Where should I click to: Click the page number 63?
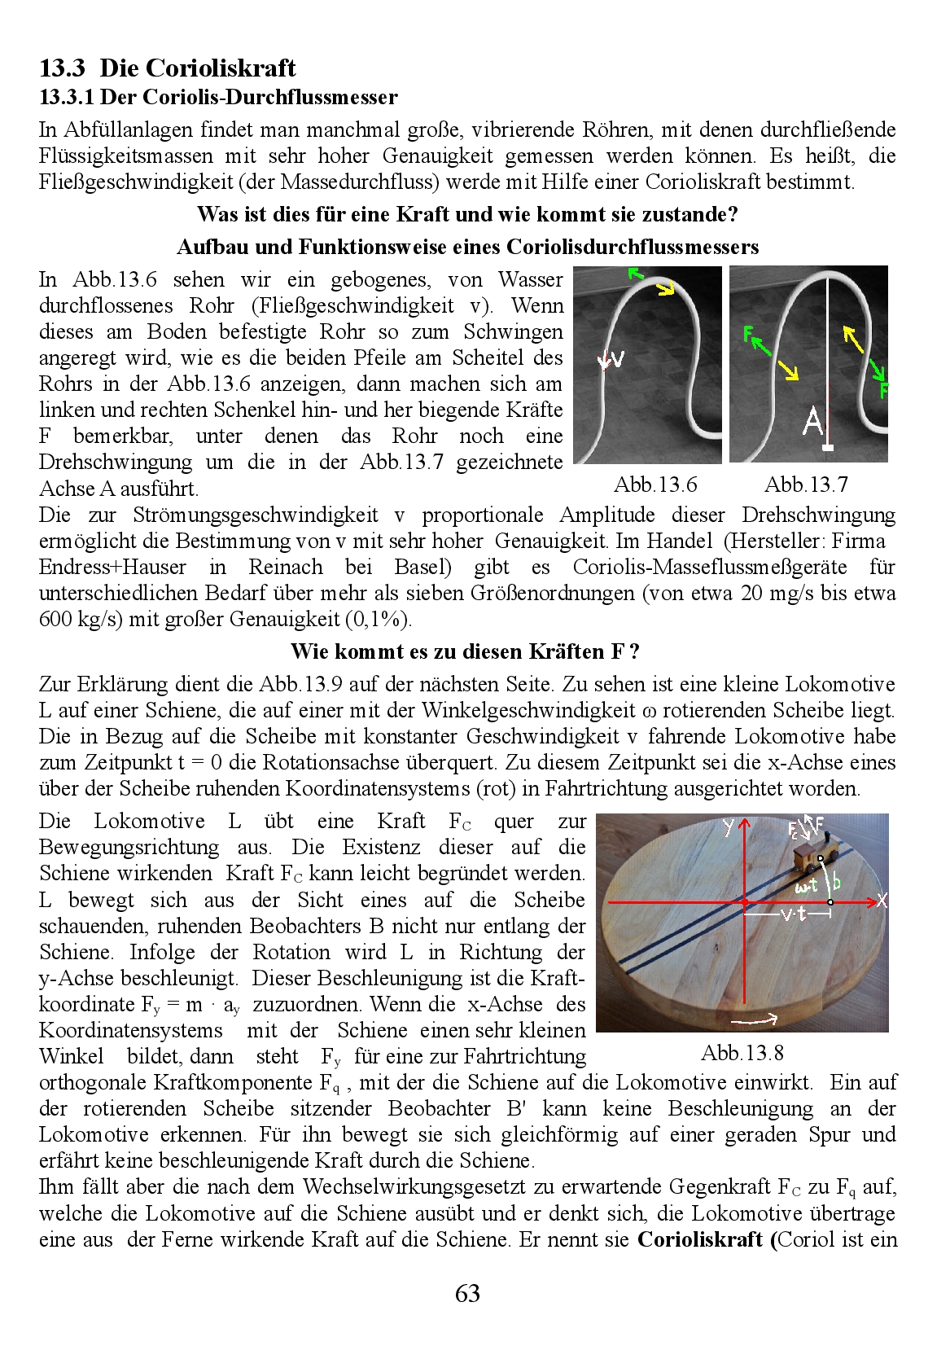pos(467,1293)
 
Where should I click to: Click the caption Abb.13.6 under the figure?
pos(655,484)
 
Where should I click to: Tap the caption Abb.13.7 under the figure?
pos(806,484)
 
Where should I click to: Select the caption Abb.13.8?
pos(742,1053)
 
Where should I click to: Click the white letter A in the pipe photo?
pos(812,421)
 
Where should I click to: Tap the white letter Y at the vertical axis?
pos(728,827)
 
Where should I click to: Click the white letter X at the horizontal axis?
pos(881,901)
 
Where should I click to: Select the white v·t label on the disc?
pos(793,914)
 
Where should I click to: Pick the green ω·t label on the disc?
pos(806,886)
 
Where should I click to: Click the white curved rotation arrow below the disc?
pos(761,1017)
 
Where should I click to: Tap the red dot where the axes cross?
pos(745,901)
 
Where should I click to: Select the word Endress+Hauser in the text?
pos(112,567)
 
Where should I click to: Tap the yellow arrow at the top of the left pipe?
pos(665,287)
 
